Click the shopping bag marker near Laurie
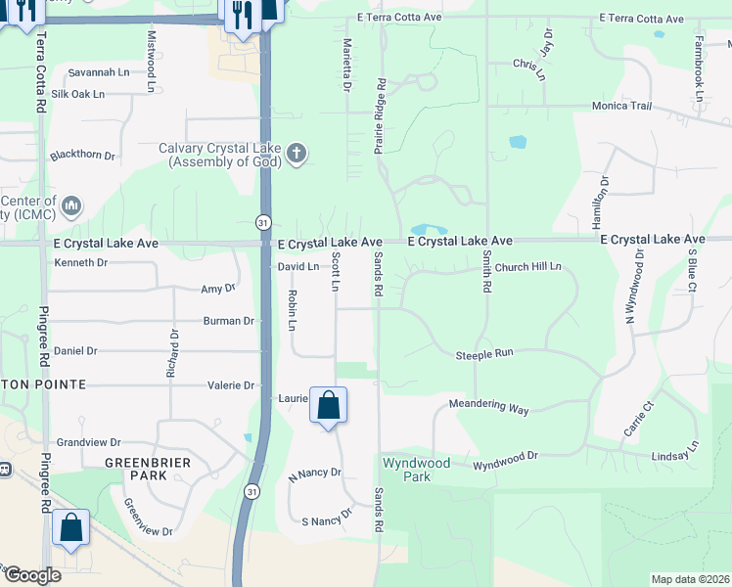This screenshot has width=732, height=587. (x=329, y=405)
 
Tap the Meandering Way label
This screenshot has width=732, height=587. (x=488, y=406)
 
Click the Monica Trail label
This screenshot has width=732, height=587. (x=620, y=106)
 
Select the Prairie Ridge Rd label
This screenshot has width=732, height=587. (x=379, y=117)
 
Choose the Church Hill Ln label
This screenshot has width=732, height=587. (x=527, y=266)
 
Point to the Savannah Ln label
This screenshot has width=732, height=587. (x=98, y=72)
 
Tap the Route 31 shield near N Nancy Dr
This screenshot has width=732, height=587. (x=253, y=490)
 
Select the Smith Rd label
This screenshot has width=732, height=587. (x=485, y=272)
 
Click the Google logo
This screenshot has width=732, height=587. (x=32, y=575)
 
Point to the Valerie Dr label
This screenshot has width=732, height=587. (x=232, y=385)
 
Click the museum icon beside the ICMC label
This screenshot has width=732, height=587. (x=71, y=206)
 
